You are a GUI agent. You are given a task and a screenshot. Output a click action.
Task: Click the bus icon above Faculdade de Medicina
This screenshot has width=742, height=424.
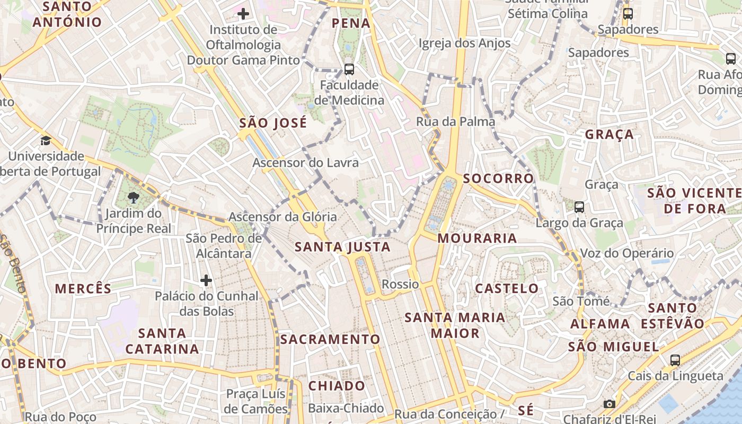[349, 69]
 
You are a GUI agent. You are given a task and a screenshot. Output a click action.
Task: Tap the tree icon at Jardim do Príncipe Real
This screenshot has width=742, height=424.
[134, 198]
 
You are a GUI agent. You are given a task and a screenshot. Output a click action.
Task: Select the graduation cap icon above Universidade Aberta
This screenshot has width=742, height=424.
[46, 140]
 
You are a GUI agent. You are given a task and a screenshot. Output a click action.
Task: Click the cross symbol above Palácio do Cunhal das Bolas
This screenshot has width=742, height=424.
[206, 280]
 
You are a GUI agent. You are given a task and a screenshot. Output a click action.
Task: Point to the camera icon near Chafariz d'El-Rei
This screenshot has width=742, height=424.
[609, 404]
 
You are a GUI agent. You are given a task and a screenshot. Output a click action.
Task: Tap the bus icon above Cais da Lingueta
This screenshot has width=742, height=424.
[675, 360]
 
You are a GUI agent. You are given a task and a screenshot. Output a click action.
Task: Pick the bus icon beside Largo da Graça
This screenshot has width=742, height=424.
[579, 207]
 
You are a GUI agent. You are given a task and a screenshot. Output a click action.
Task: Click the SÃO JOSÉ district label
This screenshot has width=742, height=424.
[273, 123]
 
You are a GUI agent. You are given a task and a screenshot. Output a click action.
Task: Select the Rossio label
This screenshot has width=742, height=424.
[400, 284]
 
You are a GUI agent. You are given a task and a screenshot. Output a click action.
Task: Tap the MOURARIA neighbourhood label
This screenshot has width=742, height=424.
[478, 238]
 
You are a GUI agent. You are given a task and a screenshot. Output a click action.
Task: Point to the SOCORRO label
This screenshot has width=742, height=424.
[498, 179]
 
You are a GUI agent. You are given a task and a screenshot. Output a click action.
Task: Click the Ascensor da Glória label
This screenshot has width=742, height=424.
[282, 217]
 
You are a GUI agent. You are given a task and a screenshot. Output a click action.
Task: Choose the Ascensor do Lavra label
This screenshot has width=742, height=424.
[305, 163]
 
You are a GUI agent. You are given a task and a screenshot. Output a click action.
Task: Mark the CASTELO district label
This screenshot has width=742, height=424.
[507, 288]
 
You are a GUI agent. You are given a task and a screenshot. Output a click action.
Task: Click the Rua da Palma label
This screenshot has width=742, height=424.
[455, 121]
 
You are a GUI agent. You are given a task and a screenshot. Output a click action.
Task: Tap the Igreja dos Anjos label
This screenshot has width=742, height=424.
[464, 43]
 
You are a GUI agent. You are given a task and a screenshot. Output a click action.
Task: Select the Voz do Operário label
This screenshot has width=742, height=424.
[627, 253]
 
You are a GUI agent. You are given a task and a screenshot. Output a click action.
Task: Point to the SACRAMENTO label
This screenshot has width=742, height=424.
[330, 339]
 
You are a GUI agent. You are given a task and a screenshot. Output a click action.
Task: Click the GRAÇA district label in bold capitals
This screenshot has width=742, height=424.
[609, 135]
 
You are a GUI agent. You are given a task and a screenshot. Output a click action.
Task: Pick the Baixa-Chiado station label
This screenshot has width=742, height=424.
[346, 408]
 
